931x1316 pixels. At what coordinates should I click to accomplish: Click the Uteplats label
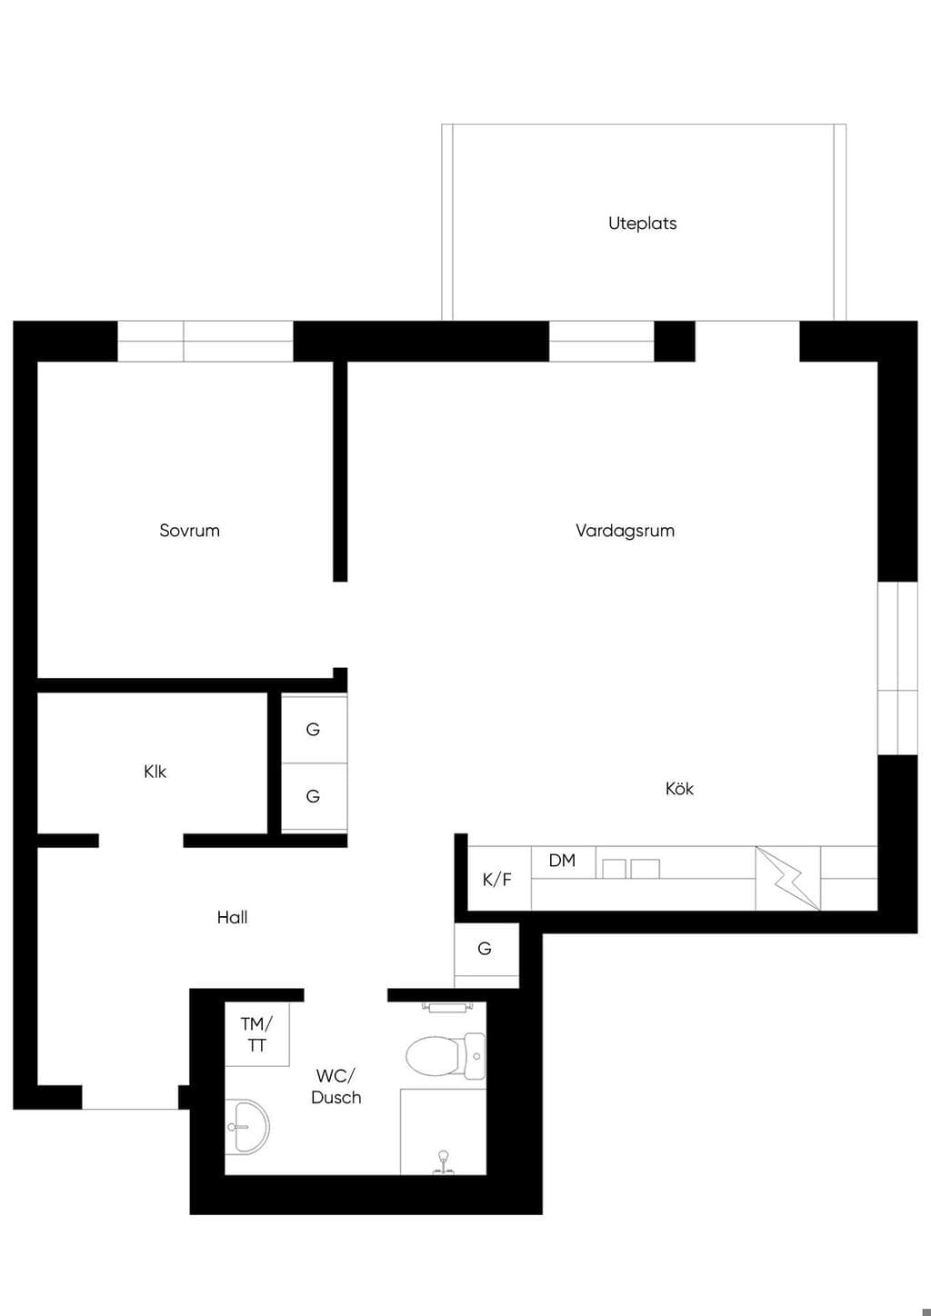643,224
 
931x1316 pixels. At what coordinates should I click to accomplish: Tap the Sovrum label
189,531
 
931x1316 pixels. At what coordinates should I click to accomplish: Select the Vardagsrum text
625,531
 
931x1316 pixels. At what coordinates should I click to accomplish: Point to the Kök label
679,788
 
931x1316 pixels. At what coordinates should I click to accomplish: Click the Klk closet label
155,771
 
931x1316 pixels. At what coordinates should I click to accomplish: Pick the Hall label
232,917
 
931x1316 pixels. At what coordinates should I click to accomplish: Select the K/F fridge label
496,880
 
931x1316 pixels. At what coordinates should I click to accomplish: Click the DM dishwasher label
562,861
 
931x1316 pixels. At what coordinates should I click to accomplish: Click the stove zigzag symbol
787,878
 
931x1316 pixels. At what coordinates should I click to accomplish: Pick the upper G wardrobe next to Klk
314,729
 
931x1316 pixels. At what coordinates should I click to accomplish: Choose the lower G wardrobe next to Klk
314,797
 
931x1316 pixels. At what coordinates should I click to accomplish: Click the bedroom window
205,341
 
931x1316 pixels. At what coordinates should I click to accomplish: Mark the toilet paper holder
447,1008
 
